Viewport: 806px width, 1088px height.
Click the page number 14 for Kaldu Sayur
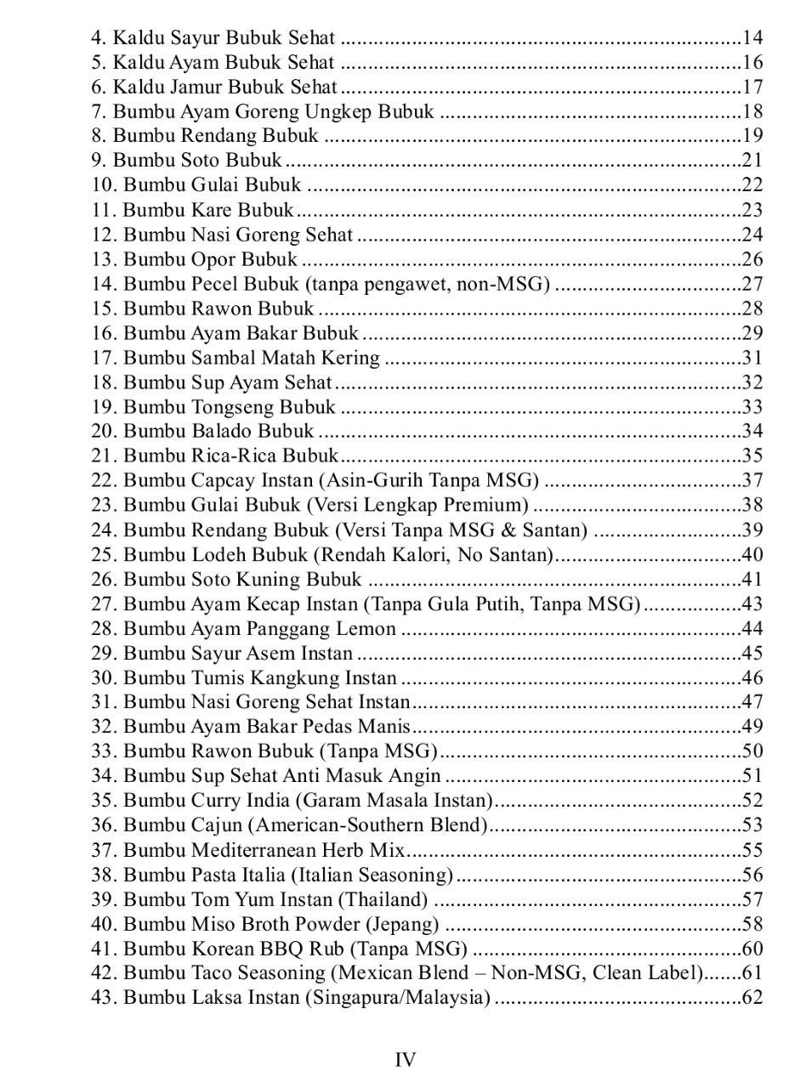(752, 37)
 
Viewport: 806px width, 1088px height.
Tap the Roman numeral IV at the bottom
(406, 1059)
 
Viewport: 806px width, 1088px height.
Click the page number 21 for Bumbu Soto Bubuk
(752, 160)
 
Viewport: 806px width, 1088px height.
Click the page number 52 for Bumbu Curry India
(752, 801)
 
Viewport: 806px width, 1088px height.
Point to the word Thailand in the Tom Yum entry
(389, 899)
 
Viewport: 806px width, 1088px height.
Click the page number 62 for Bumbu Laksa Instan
(752, 998)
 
